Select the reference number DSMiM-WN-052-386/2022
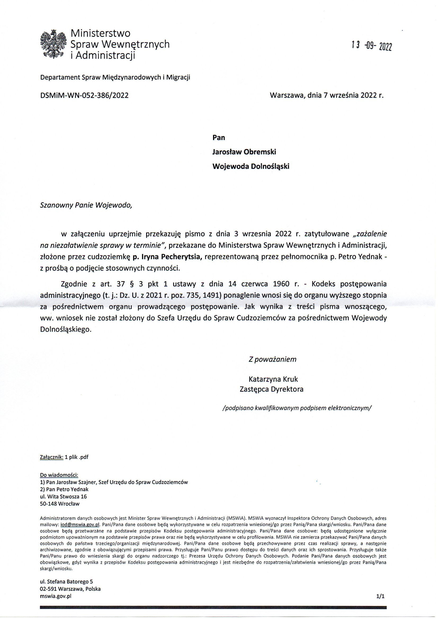[84, 95]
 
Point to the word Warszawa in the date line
[286, 95]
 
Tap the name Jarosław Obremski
[244, 152]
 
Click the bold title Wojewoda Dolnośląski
[251, 166]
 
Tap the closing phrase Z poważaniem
[272, 359]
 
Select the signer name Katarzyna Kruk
[273, 379]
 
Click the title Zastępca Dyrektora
[271, 389]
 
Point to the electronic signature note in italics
[297, 408]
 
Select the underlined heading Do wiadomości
[59, 474]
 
